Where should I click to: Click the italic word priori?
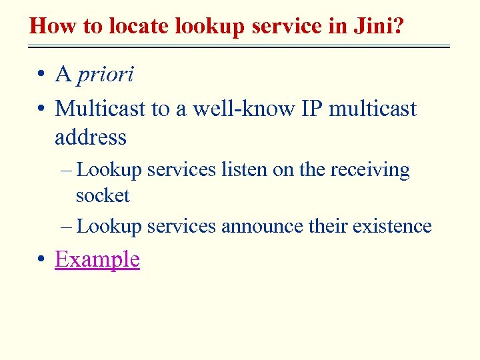coord(105,75)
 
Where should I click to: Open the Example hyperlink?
coord(97,259)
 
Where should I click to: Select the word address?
coord(91,137)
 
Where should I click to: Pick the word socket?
coord(103,196)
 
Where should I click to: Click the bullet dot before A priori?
coord(41,75)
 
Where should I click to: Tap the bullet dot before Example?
coord(41,259)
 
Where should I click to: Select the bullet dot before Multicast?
coord(41,109)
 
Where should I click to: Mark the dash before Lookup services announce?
coord(65,227)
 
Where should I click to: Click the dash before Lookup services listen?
coord(65,171)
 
